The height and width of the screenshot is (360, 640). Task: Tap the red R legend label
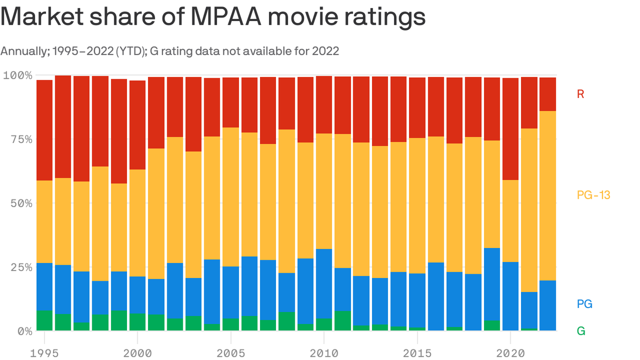tap(580, 94)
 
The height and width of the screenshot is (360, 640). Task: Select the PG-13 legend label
tap(593, 195)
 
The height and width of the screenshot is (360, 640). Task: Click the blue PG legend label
tap(585, 304)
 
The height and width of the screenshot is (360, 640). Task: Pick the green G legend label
tap(581, 331)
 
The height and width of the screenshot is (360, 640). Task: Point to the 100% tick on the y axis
tap(18, 75)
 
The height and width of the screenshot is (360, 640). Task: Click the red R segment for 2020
tap(510, 129)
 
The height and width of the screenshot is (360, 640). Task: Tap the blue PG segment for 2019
tap(491, 284)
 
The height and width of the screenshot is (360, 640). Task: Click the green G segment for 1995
tap(45, 321)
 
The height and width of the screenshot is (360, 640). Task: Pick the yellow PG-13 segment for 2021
tap(529, 210)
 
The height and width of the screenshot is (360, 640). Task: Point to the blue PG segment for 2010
tap(324, 284)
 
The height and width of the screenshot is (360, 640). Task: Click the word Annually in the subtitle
tap(22, 51)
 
